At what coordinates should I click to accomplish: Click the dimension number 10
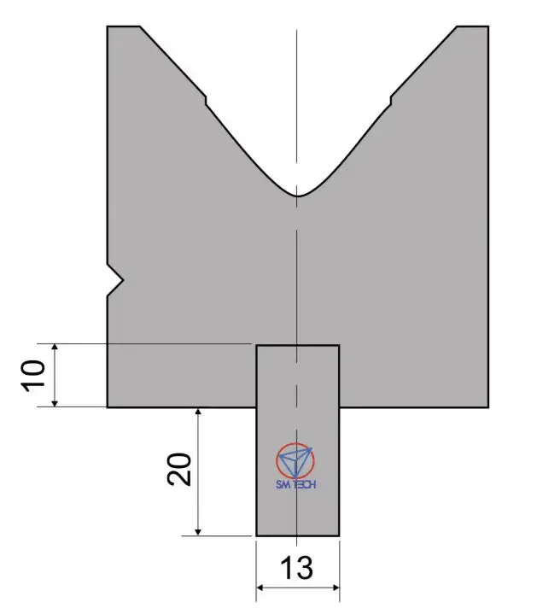pos(33,376)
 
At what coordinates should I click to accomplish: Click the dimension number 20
pos(179,470)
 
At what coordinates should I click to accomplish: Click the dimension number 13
pos(297,567)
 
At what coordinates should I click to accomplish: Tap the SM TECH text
pos(296,484)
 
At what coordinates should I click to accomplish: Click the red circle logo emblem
pos(295,461)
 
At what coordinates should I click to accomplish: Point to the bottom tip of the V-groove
pos(297,196)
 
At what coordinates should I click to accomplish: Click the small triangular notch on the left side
pos(115,280)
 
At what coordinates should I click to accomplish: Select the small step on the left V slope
pos(206,100)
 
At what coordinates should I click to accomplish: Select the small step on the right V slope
pos(391,100)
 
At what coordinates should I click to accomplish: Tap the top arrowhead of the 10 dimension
pos(55,348)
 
